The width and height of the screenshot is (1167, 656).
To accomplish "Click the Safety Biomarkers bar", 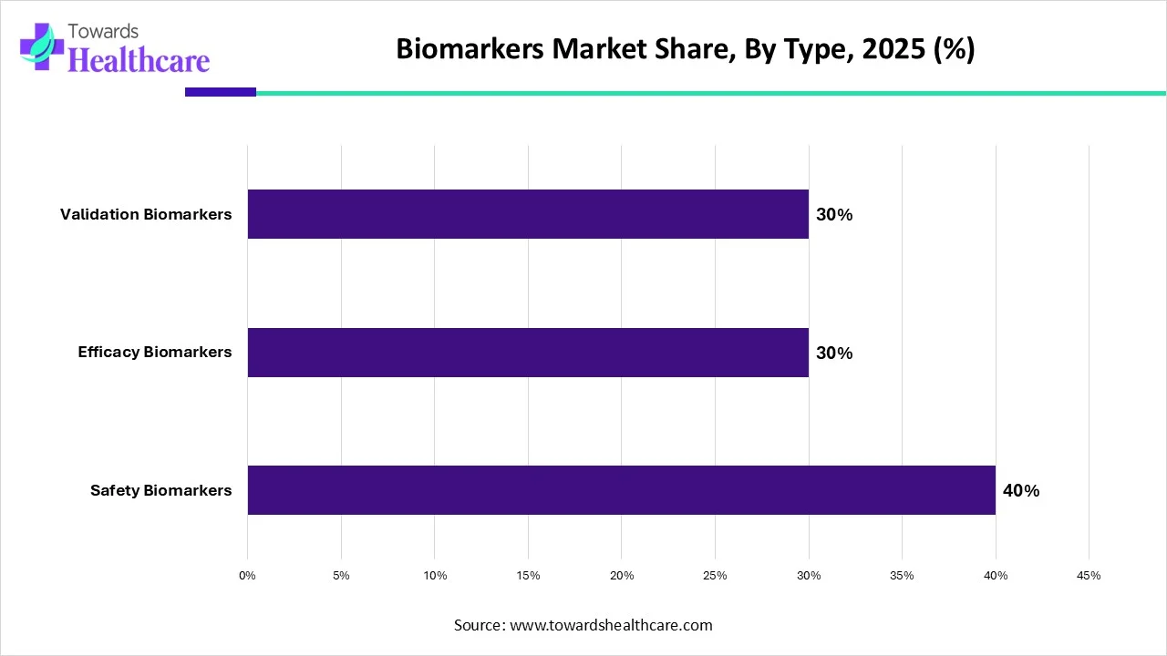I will point(621,490).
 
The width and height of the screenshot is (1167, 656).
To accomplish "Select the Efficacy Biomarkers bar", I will point(528,353).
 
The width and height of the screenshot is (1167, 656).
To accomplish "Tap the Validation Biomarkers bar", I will point(528,214).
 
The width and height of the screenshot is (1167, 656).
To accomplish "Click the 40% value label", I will point(1020,490).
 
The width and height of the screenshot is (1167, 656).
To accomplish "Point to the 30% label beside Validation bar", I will point(833,215).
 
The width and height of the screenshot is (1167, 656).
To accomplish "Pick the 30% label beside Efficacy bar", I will point(833,353).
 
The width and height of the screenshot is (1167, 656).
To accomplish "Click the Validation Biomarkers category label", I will point(146,214).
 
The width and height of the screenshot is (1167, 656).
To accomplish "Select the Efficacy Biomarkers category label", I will point(155,352).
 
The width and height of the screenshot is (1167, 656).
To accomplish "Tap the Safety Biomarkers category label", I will point(160,490).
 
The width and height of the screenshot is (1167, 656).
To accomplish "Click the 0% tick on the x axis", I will point(247,576).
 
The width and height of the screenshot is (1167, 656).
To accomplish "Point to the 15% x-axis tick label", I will point(528,576).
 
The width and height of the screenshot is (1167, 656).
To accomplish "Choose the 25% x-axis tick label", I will point(715,576).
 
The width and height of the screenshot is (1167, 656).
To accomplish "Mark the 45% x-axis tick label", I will point(1089,576).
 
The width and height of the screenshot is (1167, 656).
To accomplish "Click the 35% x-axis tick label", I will point(902,576).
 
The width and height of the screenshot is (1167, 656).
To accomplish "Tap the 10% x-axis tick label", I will point(435,576).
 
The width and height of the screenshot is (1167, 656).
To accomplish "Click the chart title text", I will point(685,50).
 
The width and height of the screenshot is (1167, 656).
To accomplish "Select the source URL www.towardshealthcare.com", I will point(609,625).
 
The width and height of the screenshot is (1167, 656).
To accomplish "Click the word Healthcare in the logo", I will point(139,60).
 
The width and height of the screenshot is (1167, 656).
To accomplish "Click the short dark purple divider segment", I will point(221,92).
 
